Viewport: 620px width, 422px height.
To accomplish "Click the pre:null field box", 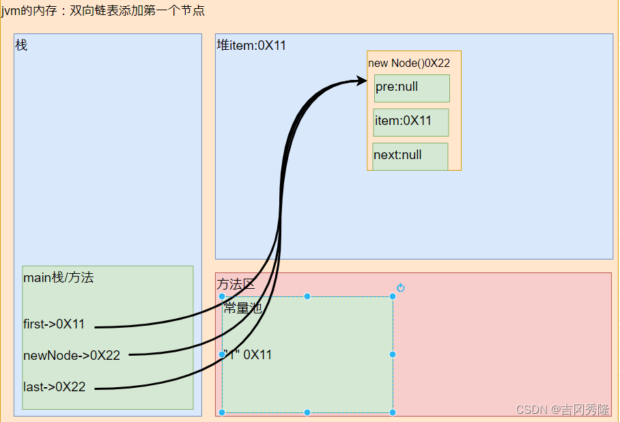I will pyautogui.click(x=412, y=88).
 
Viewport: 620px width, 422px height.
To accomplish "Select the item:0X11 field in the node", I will pyautogui.click(x=410, y=122).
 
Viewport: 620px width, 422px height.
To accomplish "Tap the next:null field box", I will pyautogui.click(x=410, y=156).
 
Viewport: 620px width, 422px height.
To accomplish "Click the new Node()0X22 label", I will pyautogui.click(x=409, y=63).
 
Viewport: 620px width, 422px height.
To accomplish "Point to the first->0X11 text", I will pyautogui.click(x=54, y=324).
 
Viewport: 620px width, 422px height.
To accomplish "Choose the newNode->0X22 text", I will pyautogui.click(x=72, y=355).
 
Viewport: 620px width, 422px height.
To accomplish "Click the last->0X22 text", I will pyautogui.click(x=55, y=386).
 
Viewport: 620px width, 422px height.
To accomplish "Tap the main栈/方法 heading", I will pyautogui.click(x=58, y=277).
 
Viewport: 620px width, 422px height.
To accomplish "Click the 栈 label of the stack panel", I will pyautogui.click(x=21, y=45).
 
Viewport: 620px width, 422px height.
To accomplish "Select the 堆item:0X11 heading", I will pyautogui.click(x=251, y=45).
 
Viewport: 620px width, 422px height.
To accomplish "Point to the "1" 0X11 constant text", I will pyautogui.click(x=248, y=354).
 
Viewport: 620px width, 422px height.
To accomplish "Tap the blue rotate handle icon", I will pyautogui.click(x=401, y=288).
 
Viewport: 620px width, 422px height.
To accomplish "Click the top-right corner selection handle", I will pyautogui.click(x=393, y=296).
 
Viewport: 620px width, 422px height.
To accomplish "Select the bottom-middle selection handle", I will pyautogui.click(x=307, y=412).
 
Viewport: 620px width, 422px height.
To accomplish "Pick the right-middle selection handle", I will pyautogui.click(x=393, y=354).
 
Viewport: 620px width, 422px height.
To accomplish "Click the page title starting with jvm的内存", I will pyautogui.click(x=103, y=11).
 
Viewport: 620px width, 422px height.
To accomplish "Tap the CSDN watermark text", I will pyautogui.click(x=563, y=410).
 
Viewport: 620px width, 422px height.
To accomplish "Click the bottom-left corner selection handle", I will pyautogui.click(x=222, y=412).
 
